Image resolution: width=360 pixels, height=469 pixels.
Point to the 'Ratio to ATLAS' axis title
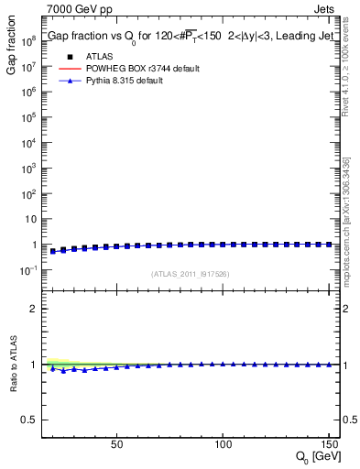coord(12,363)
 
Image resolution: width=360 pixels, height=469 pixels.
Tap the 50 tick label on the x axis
coord(116,444)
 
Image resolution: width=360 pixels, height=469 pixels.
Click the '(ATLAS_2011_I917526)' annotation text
coord(190,274)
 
